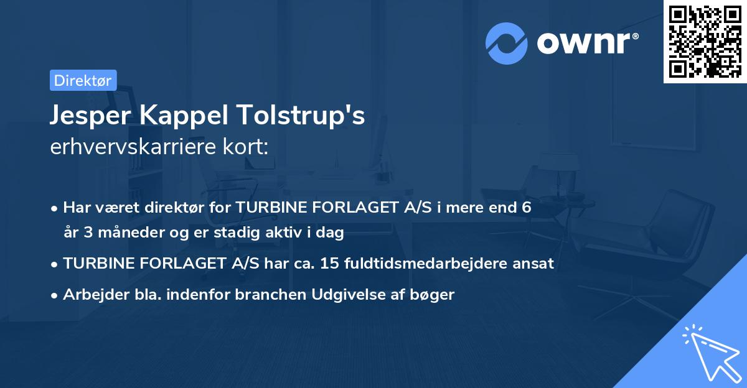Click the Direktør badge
pos(83,80)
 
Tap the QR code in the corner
pos(705,41)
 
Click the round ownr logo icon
pos(507,43)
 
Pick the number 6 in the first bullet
pos(527,208)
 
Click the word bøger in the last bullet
pos(436,295)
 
